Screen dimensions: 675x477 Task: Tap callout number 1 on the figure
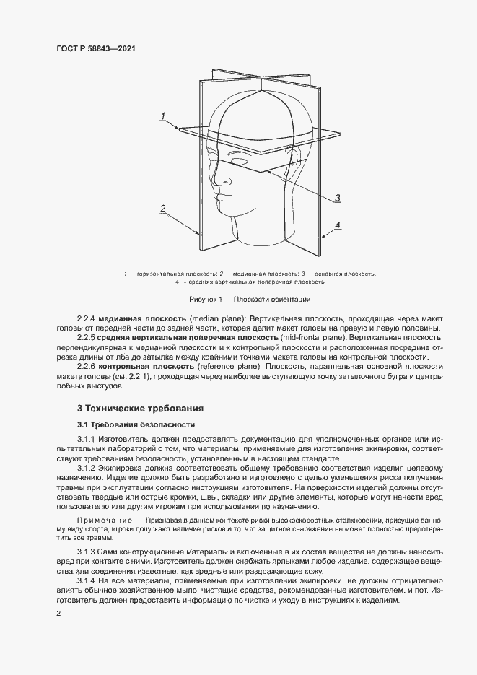point(164,116)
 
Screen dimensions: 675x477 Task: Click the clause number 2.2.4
point(86,318)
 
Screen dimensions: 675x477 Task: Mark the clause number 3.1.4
point(86,580)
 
